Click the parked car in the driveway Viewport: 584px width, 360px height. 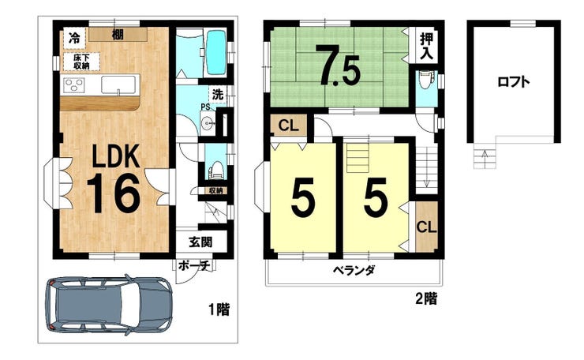pyautogui.click(x=109, y=306)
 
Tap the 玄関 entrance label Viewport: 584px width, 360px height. pyautogui.click(x=200, y=242)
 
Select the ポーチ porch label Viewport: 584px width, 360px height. pyautogui.click(x=194, y=266)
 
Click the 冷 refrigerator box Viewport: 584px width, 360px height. pyautogui.click(x=74, y=38)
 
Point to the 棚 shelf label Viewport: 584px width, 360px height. pyautogui.click(x=118, y=35)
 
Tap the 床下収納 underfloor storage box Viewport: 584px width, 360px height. pyautogui.click(x=81, y=62)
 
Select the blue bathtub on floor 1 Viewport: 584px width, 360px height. pyautogui.click(x=216, y=53)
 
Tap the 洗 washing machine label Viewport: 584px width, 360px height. pyautogui.click(x=218, y=94)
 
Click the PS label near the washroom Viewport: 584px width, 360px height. pyautogui.click(x=205, y=107)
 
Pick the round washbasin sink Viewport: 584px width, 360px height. pyautogui.click(x=207, y=122)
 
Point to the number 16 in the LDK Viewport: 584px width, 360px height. pyautogui.click(x=113, y=193)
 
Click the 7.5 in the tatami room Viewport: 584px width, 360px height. pyautogui.click(x=338, y=66)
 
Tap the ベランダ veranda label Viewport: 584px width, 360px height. pyautogui.click(x=354, y=270)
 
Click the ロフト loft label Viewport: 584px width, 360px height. pyautogui.click(x=513, y=81)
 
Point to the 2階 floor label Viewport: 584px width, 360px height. pyautogui.click(x=426, y=298)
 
